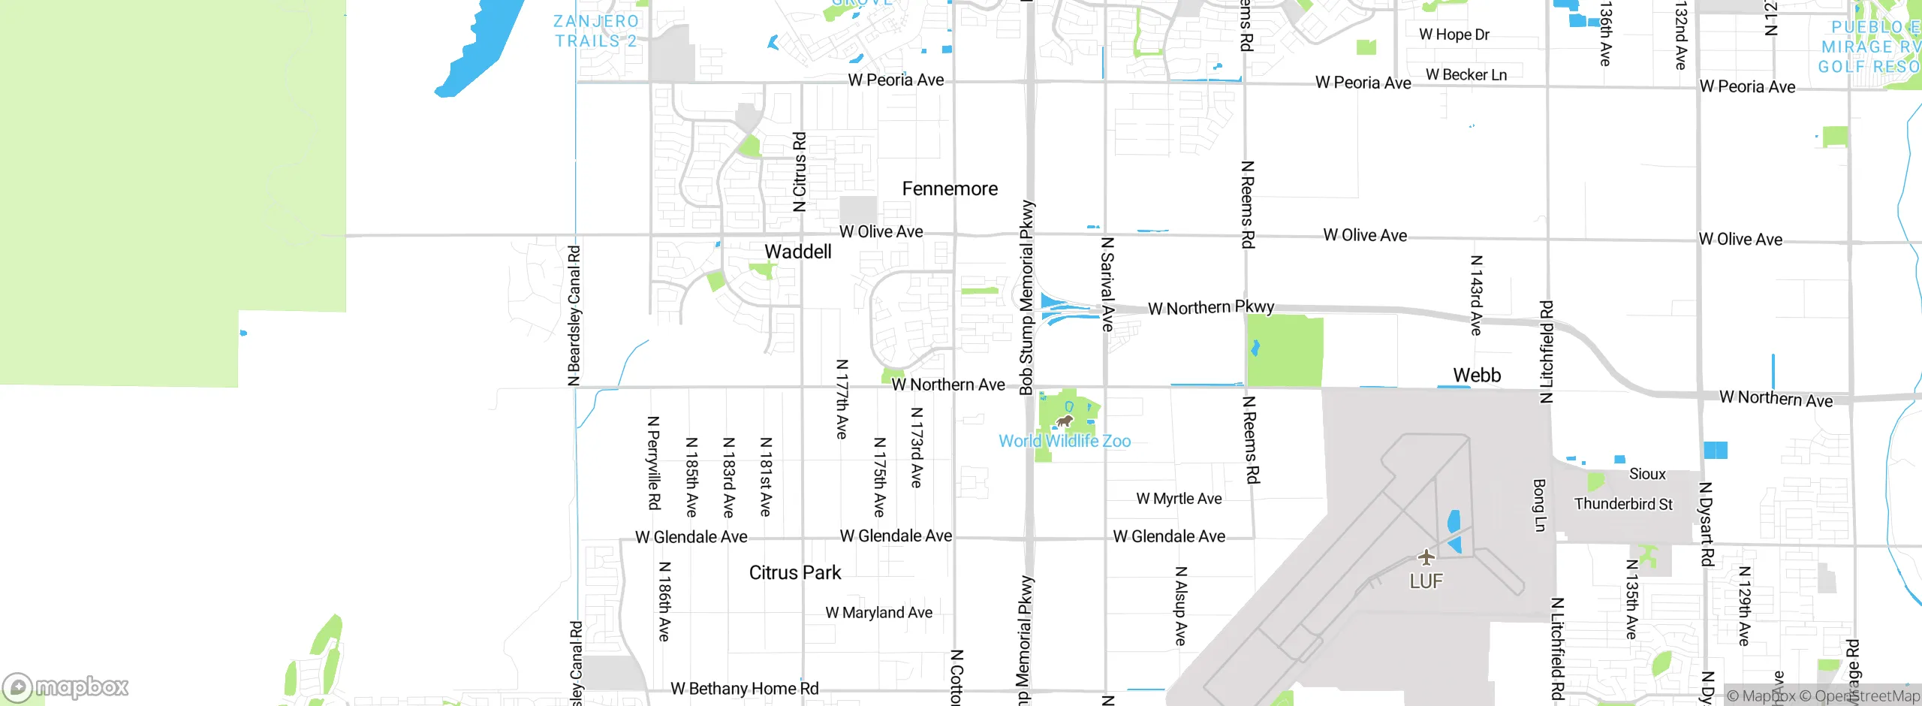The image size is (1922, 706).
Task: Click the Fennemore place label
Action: coord(950,189)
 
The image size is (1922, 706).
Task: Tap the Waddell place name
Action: coord(797,252)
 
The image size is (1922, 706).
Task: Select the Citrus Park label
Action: coord(794,572)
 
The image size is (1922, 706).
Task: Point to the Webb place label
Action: coord(1476,375)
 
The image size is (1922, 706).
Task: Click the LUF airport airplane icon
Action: coord(1426,557)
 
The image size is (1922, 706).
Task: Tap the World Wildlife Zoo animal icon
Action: coord(1064,421)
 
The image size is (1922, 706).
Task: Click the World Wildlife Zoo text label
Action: coord(1064,441)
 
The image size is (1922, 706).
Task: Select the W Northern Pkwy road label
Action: coord(1210,307)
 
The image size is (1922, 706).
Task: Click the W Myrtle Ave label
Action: coord(1179,499)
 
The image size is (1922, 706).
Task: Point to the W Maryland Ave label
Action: coord(878,613)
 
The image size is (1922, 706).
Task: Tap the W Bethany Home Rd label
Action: coord(744,689)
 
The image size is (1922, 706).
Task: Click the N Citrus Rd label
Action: coord(800,172)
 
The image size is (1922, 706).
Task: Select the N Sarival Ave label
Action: coord(1107,284)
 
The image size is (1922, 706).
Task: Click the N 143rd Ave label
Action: coord(1475,295)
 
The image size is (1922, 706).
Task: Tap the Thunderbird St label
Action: coord(1623,504)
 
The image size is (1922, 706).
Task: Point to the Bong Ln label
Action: coord(1539,505)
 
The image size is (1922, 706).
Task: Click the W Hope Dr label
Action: coord(1454,35)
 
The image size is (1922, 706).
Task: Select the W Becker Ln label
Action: coord(1466,75)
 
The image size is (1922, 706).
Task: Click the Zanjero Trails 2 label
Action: coord(596,32)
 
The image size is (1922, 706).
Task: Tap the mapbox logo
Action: coord(66,686)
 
